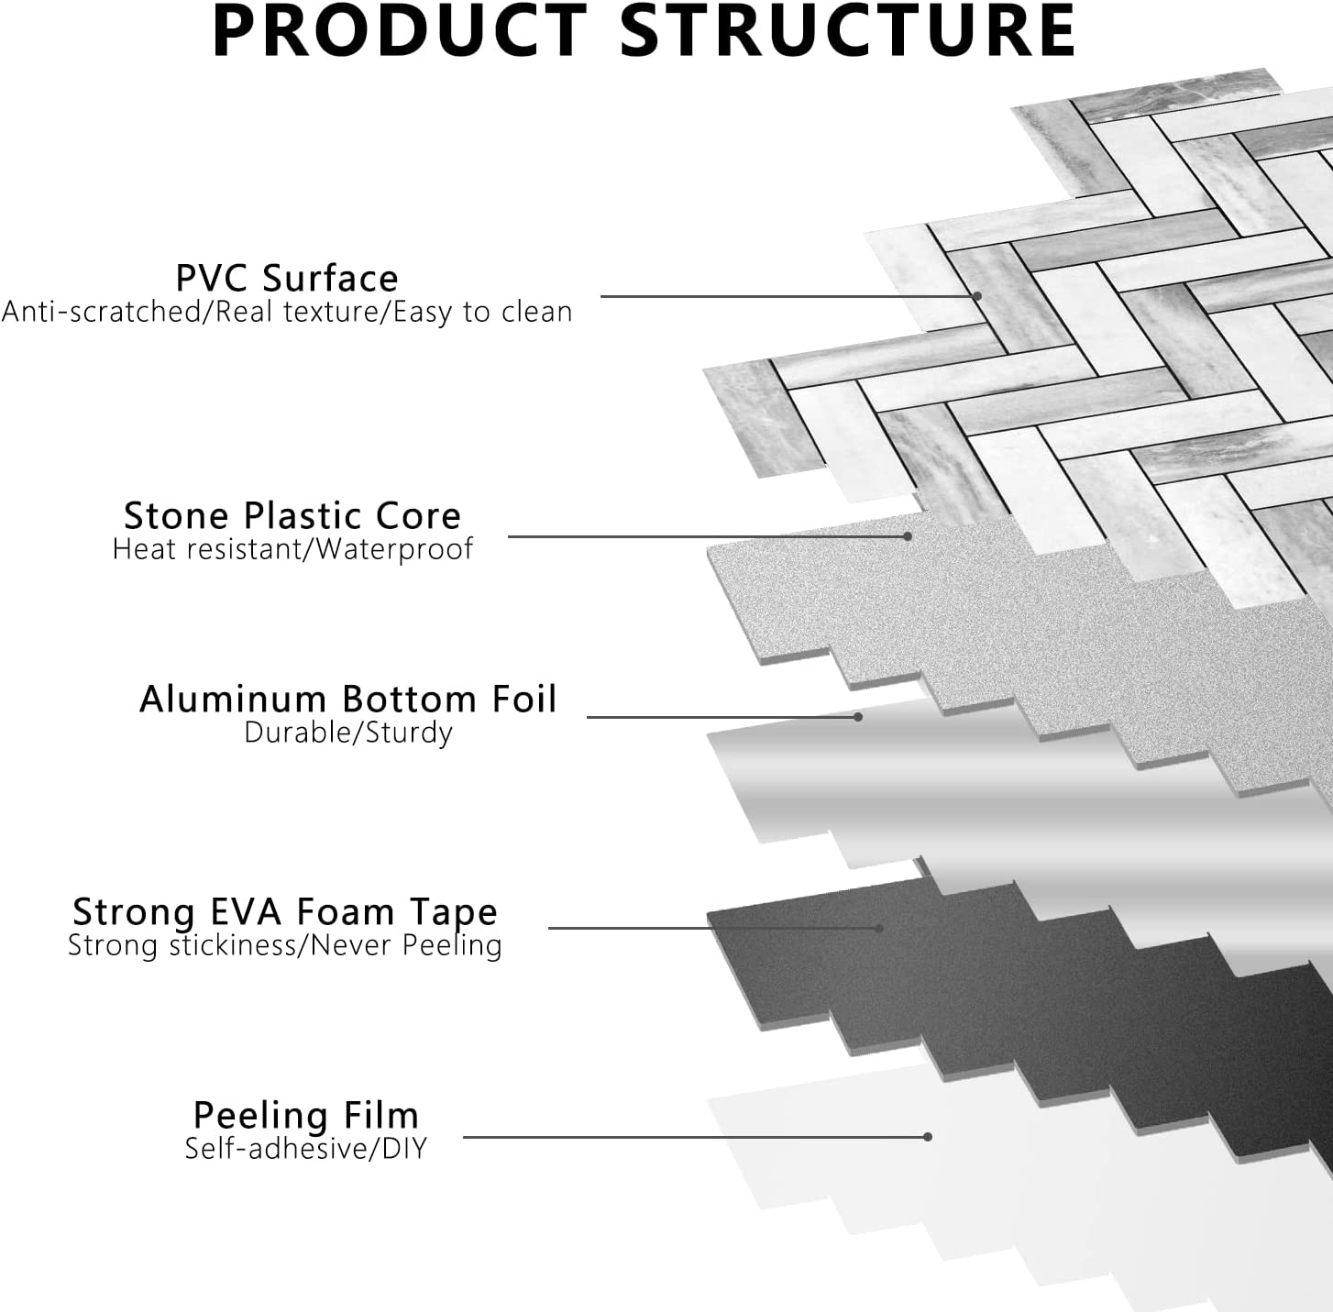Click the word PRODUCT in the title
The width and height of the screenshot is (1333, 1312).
399,32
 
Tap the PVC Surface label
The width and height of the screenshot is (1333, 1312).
287,278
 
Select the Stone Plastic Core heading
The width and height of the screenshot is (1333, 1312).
292,515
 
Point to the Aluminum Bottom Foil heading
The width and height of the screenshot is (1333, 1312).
347,699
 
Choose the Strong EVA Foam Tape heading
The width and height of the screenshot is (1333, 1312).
285,911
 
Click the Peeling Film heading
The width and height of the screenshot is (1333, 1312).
306,1115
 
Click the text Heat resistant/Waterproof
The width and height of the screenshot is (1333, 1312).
292,549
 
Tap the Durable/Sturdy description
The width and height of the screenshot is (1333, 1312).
347,733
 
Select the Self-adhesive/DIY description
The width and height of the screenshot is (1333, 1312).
306,1148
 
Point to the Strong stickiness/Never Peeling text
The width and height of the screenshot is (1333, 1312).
285,945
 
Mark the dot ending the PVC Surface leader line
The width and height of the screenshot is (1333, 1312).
978,296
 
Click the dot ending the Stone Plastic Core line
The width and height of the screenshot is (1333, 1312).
908,536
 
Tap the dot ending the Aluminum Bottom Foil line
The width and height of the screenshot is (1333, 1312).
858,716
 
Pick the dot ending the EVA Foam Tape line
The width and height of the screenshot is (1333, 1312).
878,928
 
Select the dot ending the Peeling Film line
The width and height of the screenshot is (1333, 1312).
928,1137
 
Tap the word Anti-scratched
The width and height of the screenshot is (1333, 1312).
105,312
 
